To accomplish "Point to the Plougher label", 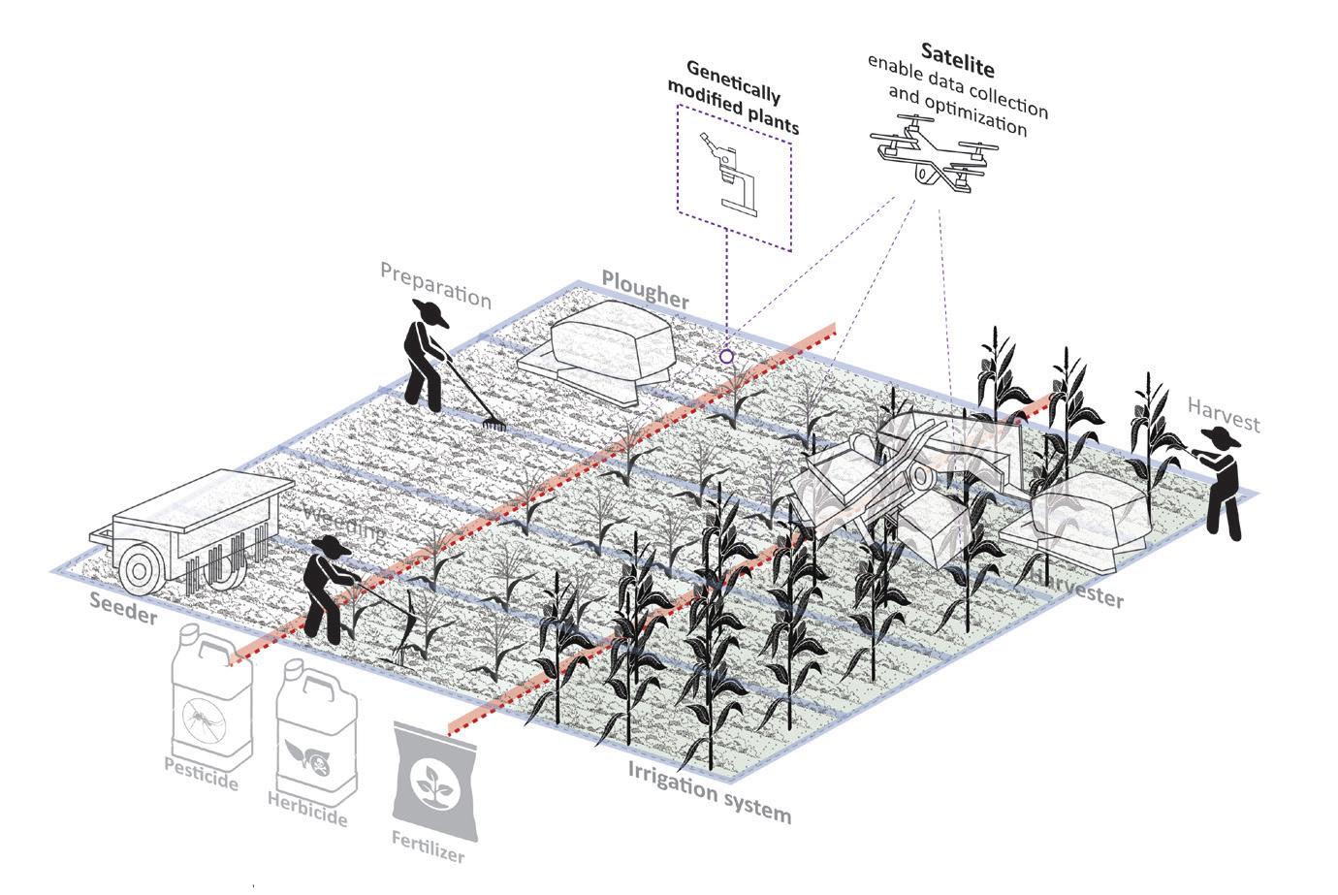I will [x=645, y=288].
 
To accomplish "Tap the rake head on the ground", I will [x=494, y=423].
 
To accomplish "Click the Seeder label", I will [x=123, y=605].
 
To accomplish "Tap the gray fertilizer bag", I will [x=433, y=781].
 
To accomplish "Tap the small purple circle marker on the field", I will [x=726, y=357].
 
